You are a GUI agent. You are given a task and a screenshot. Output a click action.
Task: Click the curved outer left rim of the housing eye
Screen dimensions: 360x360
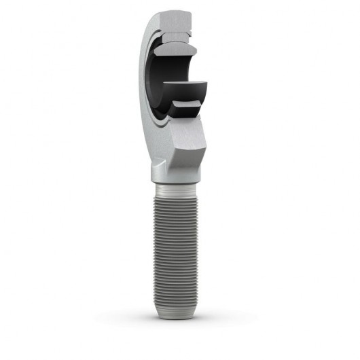tap(144, 75)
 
